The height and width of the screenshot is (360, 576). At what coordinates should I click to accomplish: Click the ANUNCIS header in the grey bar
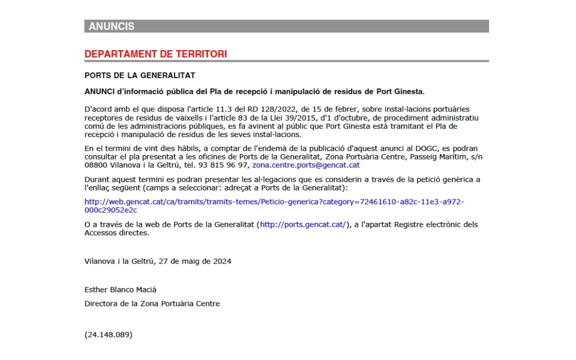point(111,26)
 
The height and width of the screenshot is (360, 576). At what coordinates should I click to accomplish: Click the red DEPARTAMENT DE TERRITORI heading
point(156,54)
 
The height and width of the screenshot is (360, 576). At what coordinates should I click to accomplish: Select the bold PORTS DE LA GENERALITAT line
point(140,75)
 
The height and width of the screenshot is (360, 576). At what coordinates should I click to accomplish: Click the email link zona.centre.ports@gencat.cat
point(306,165)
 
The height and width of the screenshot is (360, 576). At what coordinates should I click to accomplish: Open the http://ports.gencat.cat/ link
point(303,225)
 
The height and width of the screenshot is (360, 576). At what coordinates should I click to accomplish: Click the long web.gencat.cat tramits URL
point(274,202)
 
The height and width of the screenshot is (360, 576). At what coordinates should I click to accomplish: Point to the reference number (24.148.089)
point(108,335)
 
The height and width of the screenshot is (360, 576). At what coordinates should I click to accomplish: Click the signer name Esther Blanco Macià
point(121,290)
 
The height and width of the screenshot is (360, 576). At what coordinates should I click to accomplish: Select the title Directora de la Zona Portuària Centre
point(152,303)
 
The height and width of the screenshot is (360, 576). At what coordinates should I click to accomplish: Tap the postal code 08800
point(95,165)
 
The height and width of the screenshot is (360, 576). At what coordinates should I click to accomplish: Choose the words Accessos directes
point(116,233)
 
